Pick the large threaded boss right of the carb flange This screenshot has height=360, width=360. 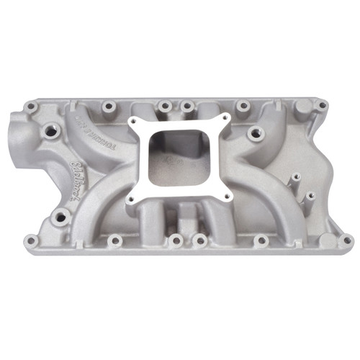tap(253, 133)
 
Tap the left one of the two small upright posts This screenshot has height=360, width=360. tap(294, 177)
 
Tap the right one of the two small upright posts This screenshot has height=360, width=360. tap(310, 195)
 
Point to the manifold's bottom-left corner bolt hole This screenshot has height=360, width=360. tap(30, 240)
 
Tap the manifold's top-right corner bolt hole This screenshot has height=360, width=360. tap(322, 105)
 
